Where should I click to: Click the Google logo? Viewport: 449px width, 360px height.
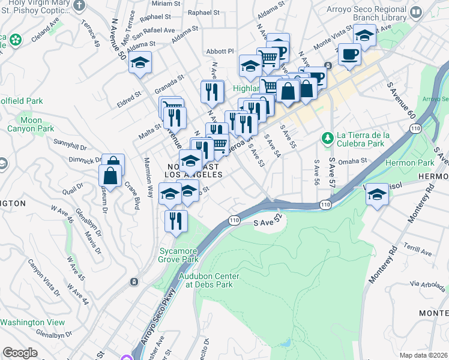[20, 353]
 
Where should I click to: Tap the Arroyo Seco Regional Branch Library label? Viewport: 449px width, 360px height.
[368, 14]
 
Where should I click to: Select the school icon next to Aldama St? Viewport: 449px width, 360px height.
[140, 62]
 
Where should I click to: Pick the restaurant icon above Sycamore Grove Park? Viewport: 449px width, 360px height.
[176, 221]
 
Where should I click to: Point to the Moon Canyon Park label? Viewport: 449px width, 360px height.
[31, 124]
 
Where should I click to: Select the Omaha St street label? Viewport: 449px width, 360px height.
[352, 161]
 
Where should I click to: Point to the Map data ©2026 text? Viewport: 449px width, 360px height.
[424, 355]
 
